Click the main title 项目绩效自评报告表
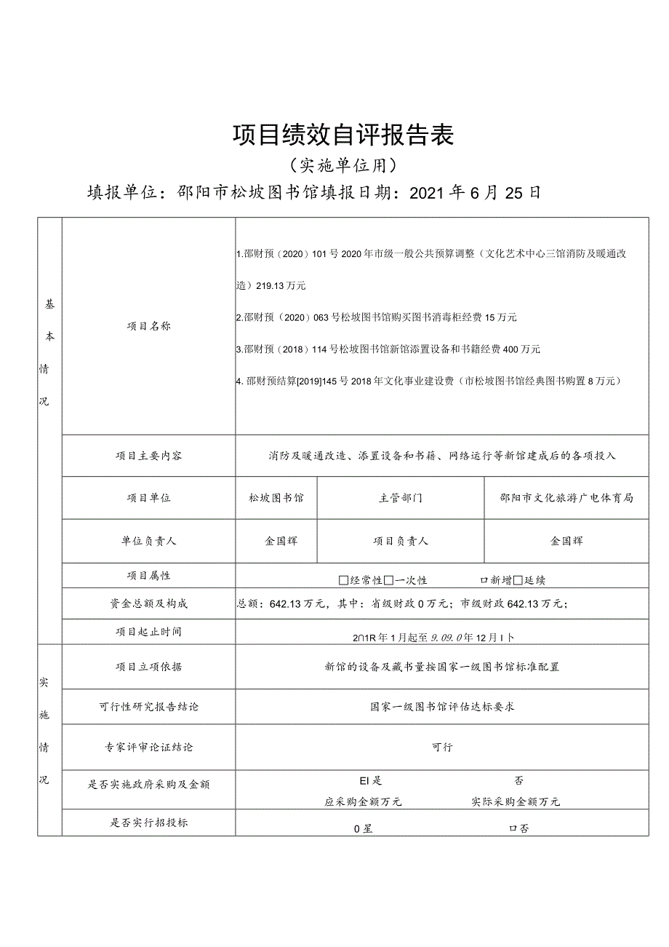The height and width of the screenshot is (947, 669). pos(343,135)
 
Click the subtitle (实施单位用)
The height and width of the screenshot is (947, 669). pos(342,166)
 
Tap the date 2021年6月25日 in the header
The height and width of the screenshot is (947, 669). pos(475,193)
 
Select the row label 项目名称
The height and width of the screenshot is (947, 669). pos(148,327)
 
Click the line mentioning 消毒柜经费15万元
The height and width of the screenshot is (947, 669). pos(377,317)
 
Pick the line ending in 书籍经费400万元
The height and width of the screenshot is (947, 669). pos(388,349)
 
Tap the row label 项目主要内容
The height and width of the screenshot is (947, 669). pos(148,456)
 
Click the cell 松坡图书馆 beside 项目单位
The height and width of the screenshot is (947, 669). pos(276,499)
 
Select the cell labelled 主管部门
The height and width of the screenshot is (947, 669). pos(400,499)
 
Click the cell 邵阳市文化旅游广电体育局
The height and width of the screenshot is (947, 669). pos(566,499)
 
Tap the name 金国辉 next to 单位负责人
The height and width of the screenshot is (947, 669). pos(281,542)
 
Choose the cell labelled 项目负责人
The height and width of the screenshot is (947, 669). pos(400,542)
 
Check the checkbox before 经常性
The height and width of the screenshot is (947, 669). pos(344,581)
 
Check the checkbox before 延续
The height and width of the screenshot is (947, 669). pos(518,581)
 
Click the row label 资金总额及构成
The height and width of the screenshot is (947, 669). pos(148,604)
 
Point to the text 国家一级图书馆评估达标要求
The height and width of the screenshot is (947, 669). pos(442,707)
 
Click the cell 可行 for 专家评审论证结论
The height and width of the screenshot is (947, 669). pos(442,748)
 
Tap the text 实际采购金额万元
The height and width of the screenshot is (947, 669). pos(516,802)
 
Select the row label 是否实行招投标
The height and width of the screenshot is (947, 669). pos(148,823)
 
